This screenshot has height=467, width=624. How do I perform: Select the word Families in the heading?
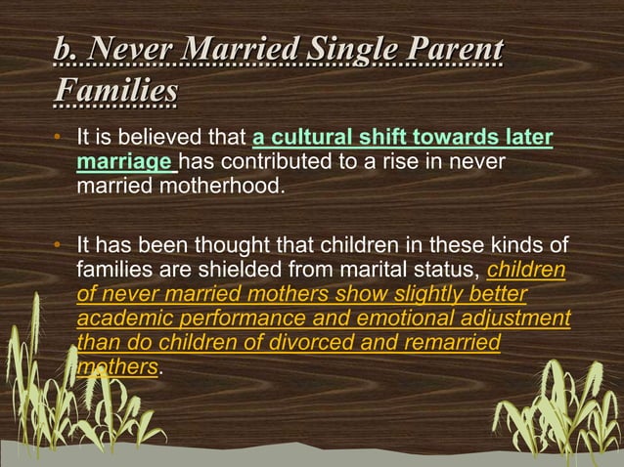(116, 90)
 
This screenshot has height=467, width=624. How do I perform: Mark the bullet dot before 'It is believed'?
(62, 137)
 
